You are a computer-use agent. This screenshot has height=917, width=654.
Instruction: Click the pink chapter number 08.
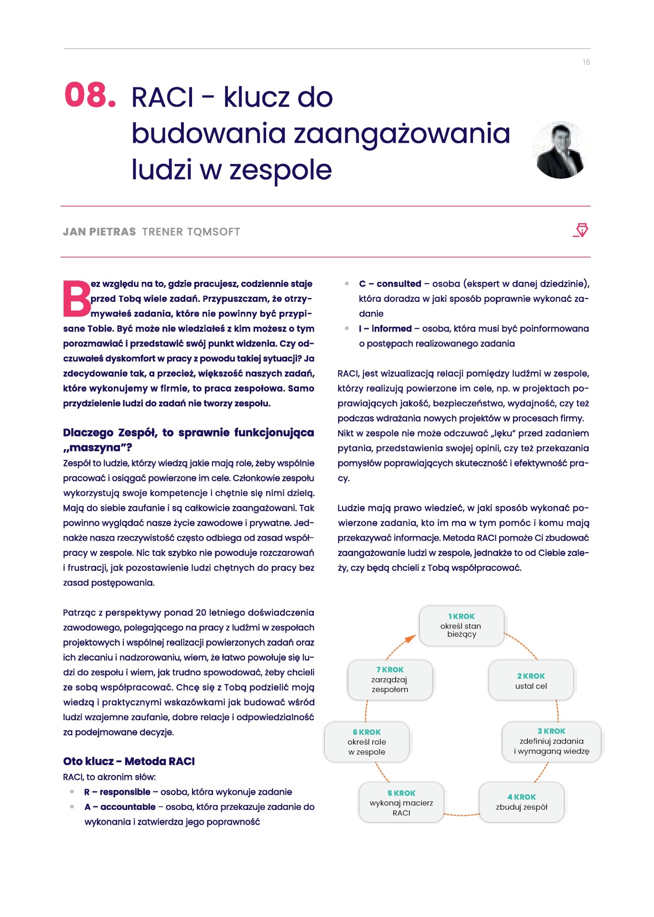point(90,95)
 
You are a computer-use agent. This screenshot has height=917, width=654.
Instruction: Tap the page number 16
point(586,62)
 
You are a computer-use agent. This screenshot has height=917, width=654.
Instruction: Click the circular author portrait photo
point(560,150)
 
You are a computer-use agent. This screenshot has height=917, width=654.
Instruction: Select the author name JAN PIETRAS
point(99,232)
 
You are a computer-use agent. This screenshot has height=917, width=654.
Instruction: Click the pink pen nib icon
point(581,230)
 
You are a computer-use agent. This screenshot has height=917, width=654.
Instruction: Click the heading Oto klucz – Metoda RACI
point(129,761)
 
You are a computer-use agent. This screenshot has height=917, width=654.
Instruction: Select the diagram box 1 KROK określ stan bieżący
point(461,626)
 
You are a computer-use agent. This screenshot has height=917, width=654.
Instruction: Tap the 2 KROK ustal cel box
point(531,681)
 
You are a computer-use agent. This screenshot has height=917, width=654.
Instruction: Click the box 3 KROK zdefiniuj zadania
point(551,741)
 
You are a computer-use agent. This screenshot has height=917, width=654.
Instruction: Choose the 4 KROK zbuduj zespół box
point(521,802)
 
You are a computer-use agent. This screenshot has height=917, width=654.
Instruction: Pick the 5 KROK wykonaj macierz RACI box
point(401,802)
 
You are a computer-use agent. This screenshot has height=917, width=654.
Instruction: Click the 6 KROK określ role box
point(366,742)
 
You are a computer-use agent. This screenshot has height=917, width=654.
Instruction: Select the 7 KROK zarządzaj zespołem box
point(390,680)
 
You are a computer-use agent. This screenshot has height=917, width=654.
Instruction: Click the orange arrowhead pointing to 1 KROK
point(410,639)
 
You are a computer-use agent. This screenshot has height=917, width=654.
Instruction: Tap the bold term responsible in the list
point(125,792)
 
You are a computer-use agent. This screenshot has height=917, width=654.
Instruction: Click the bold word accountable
point(128,807)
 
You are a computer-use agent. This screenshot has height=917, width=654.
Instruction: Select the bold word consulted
point(398,284)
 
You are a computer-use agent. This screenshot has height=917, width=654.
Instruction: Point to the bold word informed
point(391,329)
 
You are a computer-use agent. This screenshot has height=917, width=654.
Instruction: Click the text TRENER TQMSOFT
point(191,232)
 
